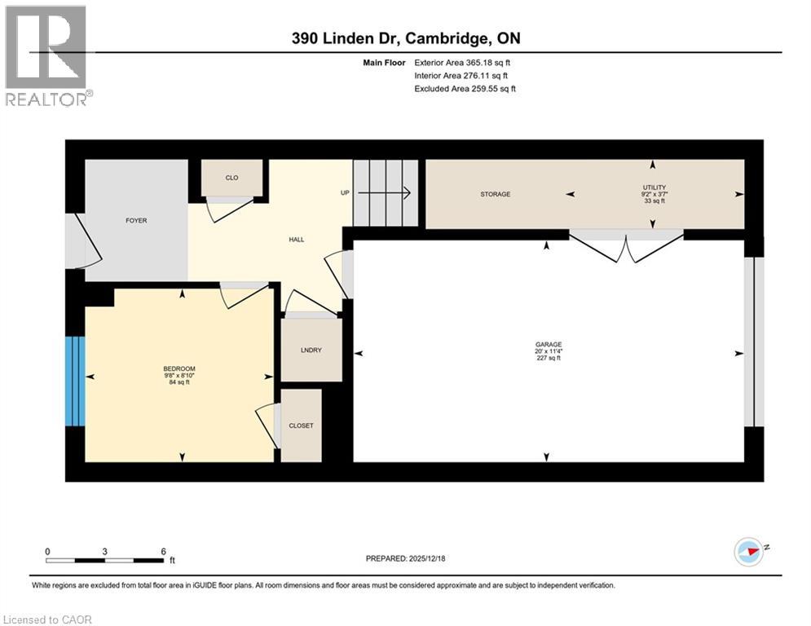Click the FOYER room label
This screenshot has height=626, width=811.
coord(136,220)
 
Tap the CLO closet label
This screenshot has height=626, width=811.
coord(231,177)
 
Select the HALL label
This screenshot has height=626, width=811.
coord(297,239)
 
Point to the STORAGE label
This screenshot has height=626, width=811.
coord(495,194)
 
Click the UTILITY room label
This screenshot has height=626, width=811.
coord(654,188)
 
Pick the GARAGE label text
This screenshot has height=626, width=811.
coord(549,344)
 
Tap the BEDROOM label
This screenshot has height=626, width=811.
coord(179,368)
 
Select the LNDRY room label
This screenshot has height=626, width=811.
coord(311,351)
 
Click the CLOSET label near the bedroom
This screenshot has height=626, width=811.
coord(301,425)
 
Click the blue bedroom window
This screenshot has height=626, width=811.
coord(75,381)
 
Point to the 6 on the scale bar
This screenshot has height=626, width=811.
coord(164,551)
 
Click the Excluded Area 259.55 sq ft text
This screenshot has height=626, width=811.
coord(465,88)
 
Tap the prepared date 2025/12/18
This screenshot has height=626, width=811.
coord(431,558)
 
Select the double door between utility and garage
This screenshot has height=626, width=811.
coord(626,244)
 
